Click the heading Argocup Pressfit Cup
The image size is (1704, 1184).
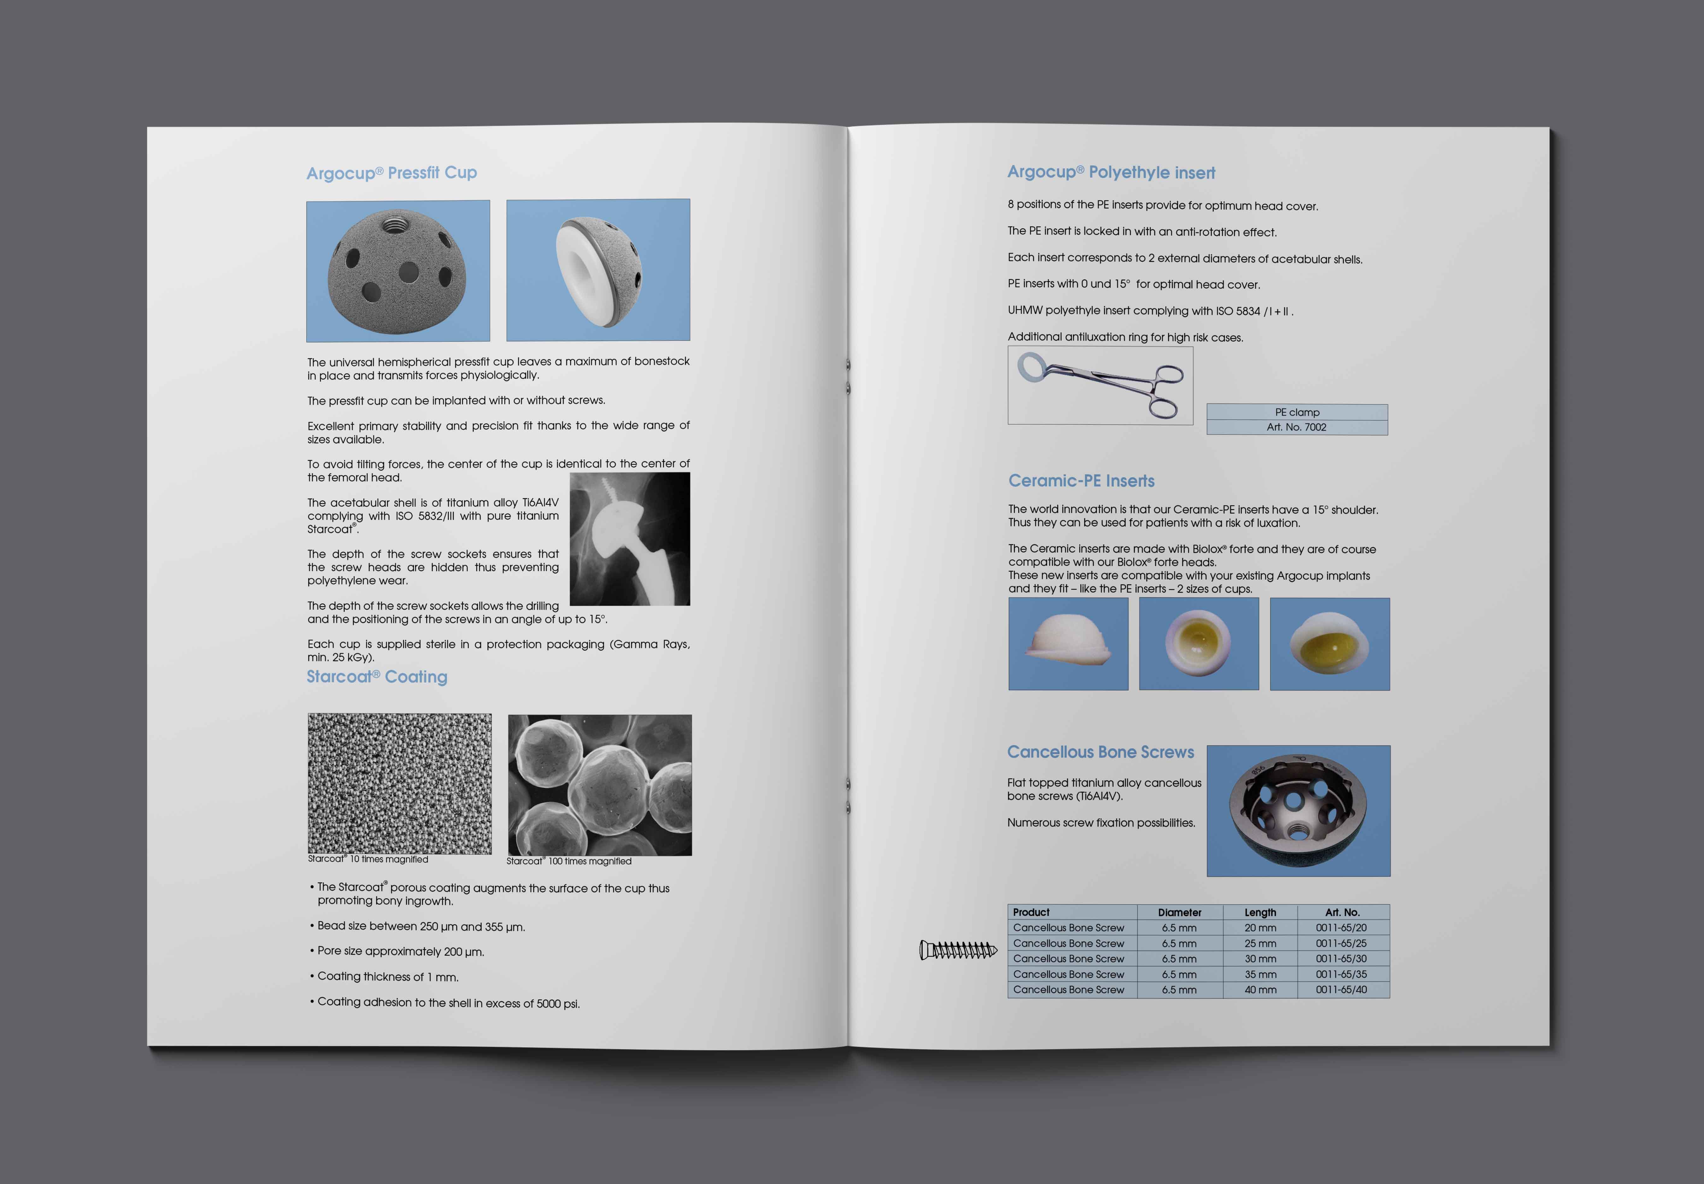(392, 173)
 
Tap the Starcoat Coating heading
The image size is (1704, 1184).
(377, 677)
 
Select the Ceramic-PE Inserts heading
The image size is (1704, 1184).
(1081, 481)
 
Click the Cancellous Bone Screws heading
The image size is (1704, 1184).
(1100, 752)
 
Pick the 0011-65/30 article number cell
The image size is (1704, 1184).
(1341, 959)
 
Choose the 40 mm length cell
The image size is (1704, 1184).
(1260, 990)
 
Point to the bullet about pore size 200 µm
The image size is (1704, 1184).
(400, 951)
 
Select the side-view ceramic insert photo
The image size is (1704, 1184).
(1068, 644)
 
